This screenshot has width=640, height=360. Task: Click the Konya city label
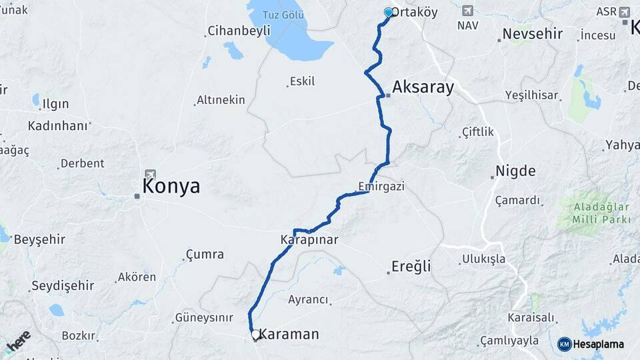[171, 186]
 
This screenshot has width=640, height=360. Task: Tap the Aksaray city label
[423, 87]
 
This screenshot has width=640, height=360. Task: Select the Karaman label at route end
[289, 334]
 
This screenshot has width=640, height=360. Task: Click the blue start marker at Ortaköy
[389, 12]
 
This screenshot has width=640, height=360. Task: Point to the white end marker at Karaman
[255, 334]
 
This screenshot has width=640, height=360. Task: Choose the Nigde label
[515, 171]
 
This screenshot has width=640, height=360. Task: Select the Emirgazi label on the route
[381, 186]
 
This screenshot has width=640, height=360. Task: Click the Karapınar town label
[309, 239]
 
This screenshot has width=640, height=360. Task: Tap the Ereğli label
[411, 267]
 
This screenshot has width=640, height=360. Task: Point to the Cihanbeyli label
[239, 31]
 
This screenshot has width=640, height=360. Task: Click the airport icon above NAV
[467, 11]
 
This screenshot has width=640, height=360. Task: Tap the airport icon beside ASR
[625, 12]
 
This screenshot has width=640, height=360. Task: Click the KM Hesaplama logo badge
[591, 344]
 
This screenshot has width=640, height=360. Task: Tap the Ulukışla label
[483, 259]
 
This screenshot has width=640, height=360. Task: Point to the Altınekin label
[221, 100]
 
